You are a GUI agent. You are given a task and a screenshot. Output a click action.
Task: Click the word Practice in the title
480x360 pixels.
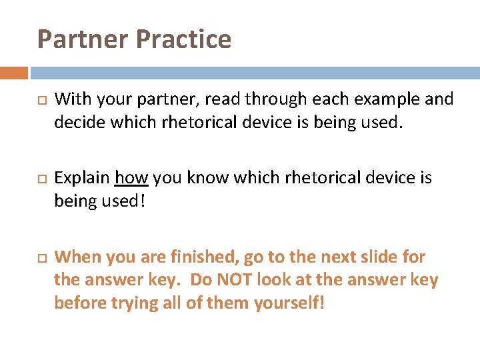tap(183, 39)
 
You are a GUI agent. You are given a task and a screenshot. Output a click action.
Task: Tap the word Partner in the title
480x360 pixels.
tap(83, 39)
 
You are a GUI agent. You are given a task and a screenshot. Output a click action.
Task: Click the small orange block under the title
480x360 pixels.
tap(14, 73)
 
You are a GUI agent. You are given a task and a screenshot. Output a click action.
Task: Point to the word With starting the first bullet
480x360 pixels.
tap(71, 99)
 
